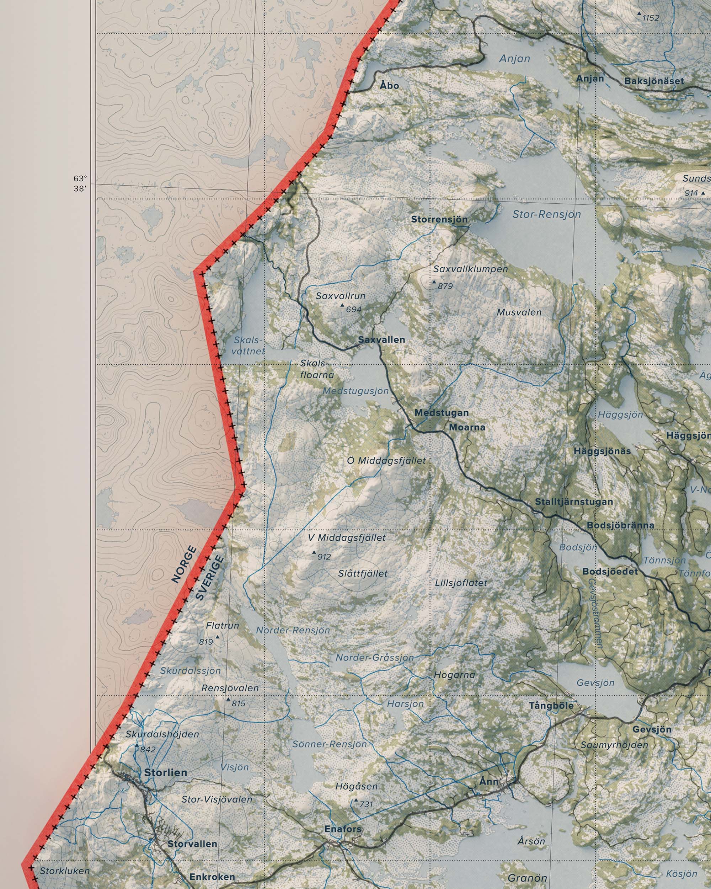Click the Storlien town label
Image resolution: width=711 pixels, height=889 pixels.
(x=165, y=772)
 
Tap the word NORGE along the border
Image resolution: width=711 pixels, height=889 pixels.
(x=183, y=564)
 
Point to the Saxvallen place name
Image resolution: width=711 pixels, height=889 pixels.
(x=381, y=340)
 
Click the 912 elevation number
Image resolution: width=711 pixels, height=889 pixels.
(x=324, y=557)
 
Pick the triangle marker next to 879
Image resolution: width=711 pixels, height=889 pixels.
(x=434, y=283)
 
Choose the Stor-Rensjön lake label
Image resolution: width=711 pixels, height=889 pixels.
(x=546, y=214)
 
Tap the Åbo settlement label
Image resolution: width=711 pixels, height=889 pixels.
(x=389, y=85)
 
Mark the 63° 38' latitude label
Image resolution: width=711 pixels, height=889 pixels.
(x=80, y=184)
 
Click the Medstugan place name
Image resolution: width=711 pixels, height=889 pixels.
(x=442, y=413)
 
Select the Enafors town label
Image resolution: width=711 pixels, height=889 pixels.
(x=343, y=829)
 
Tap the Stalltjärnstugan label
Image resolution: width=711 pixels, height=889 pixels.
(x=574, y=502)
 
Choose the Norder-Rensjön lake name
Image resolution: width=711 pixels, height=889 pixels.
(x=293, y=630)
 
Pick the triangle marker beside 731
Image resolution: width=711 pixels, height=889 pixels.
(x=356, y=800)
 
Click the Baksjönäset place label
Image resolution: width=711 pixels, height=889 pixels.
(x=654, y=81)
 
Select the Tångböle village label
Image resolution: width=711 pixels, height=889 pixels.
(x=551, y=706)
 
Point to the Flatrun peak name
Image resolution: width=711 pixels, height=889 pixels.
(x=222, y=626)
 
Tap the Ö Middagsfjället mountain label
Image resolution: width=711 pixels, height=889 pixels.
(x=386, y=461)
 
